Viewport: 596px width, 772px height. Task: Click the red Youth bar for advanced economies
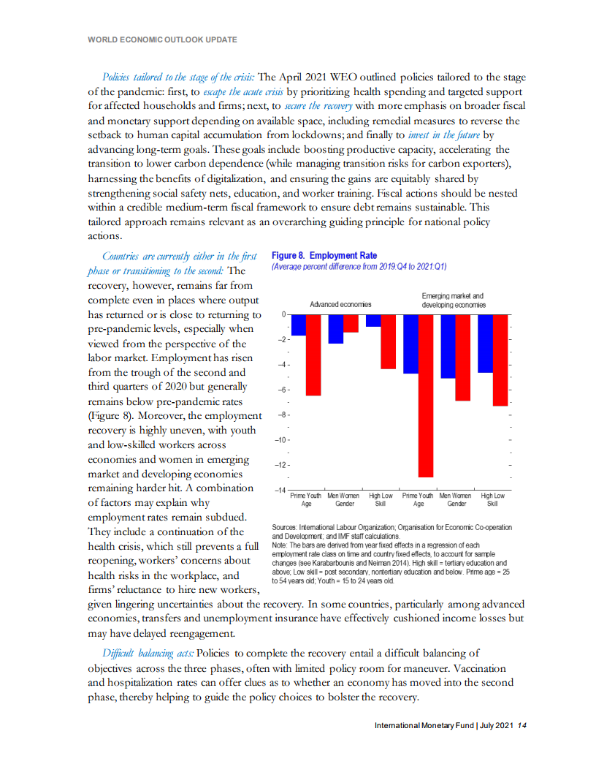[313, 355]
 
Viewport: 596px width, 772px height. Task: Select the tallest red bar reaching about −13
[425, 396]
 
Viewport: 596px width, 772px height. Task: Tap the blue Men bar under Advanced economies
[336, 329]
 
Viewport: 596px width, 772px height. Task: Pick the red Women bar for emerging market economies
[462, 357]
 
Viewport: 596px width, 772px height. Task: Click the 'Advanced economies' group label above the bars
[340, 303]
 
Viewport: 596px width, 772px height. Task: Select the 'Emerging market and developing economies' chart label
[453, 300]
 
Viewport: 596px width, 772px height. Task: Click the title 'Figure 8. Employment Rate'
[324, 255]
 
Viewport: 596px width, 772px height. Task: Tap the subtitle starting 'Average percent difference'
[359, 267]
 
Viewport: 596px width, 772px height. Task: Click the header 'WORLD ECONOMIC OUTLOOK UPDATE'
[162, 39]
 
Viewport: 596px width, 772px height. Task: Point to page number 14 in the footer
[521, 726]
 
